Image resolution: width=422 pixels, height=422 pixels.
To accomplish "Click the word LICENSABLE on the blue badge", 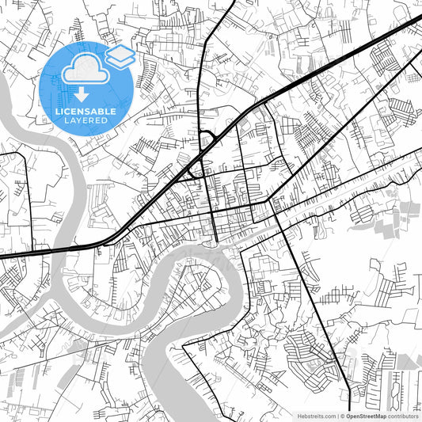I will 86,112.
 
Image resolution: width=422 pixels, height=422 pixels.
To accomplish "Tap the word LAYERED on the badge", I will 86,122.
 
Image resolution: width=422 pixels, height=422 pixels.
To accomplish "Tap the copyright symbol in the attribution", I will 342,415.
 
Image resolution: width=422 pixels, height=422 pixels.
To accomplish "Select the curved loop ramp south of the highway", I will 195,168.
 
